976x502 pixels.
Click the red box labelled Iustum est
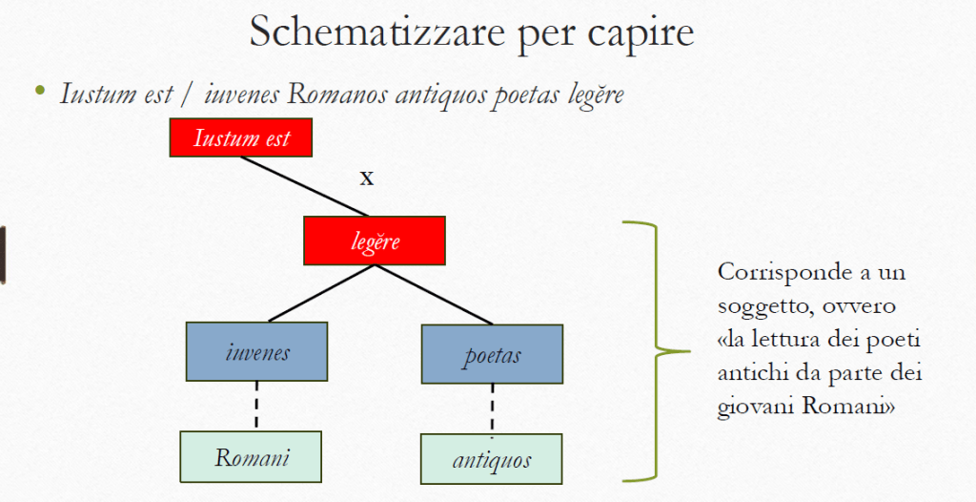[x=241, y=138]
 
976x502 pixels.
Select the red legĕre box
[x=375, y=241]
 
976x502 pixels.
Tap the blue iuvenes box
[x=257, y=352]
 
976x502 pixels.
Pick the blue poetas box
[x=492, y=355]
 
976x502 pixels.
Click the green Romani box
[x=252, y=456]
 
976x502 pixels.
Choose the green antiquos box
[x=492, y=460]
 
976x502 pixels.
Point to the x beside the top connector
[x=366, y=177]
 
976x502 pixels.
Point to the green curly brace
[x=658, y=349]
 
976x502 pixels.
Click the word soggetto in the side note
[x=759, y=305]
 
